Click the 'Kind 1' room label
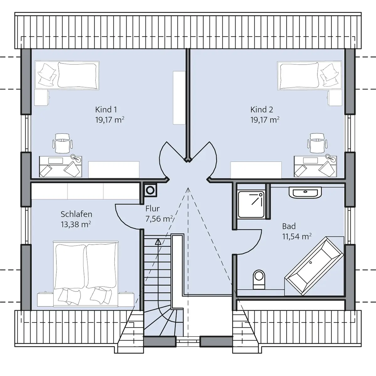coord(106,110)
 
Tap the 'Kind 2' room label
coord(262,110)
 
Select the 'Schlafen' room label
coord(76,214)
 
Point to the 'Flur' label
coord(152,209)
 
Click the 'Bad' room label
coord(289,226)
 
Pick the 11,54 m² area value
coord(297,237)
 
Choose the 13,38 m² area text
coord(76,225)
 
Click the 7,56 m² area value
coord(159,219)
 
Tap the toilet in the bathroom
coord(259,279)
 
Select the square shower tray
coord(251,204)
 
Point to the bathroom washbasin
coord(305,193)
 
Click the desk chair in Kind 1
coord(62,143)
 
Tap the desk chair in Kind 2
coord(317,143)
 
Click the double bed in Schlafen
coord(86,274)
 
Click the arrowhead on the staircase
coord(158,242)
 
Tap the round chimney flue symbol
coord(150,190)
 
